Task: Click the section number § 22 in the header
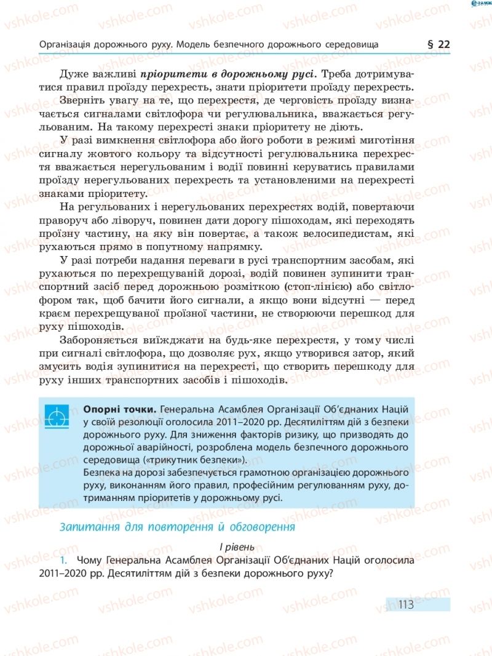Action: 438,44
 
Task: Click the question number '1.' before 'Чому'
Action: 64,561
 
